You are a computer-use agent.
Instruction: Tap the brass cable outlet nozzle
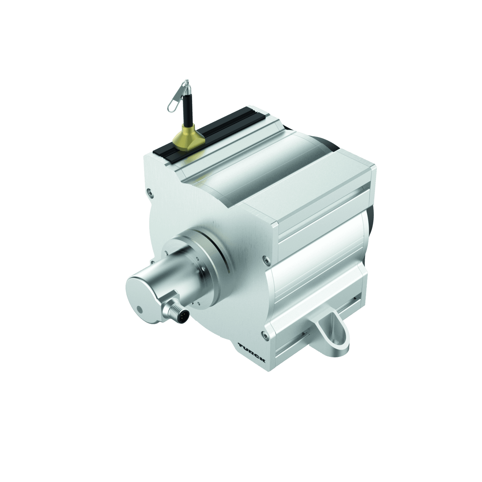point(187,140)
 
